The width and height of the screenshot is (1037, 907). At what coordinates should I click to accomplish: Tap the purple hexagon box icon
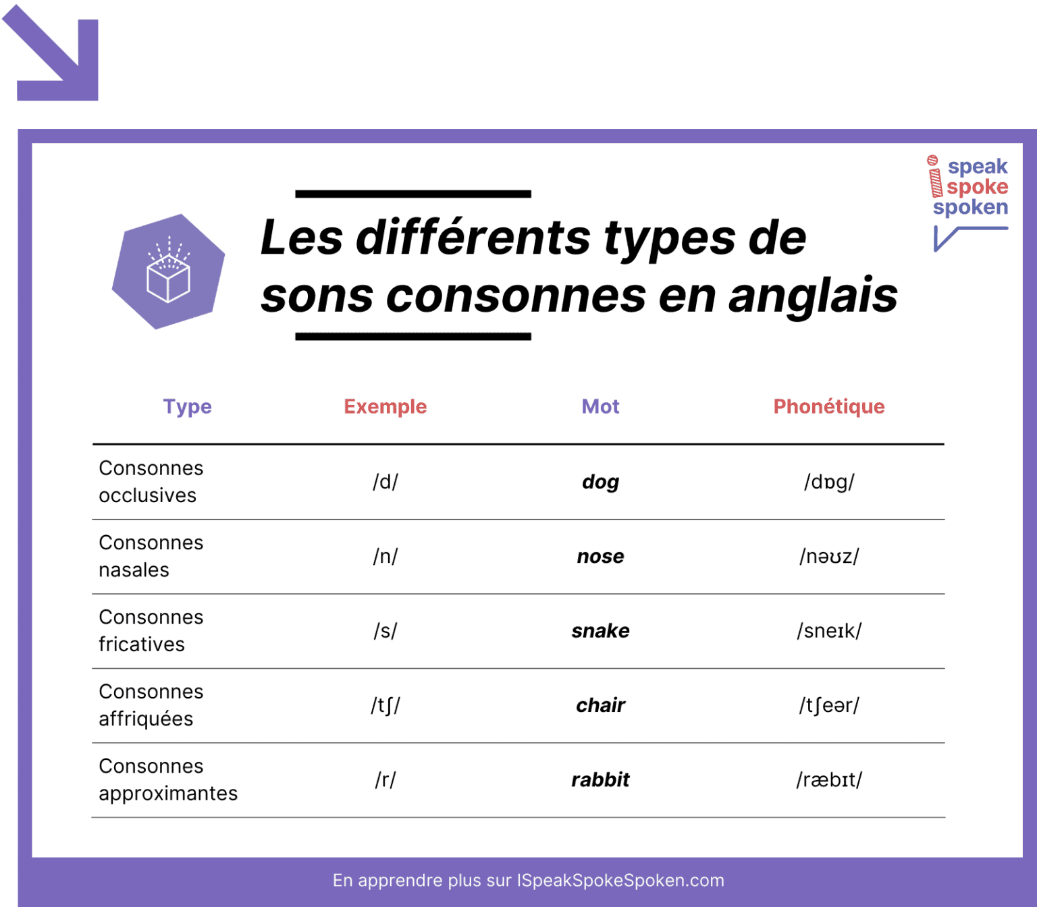tap(168, 272)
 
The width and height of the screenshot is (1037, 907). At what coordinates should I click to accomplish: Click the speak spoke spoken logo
tap(969, 196)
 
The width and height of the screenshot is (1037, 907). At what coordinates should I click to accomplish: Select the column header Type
tap(187, 406)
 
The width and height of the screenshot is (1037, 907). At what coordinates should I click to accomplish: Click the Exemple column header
tap(385, 406)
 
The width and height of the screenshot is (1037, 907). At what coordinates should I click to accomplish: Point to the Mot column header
tap(600, 406)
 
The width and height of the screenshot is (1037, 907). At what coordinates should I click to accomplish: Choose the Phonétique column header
tap(828, 406)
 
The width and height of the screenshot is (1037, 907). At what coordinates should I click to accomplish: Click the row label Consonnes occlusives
tap(151, 482)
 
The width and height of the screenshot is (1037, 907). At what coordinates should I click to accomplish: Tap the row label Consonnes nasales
tap(151, 556)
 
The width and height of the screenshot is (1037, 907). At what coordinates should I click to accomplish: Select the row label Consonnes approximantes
tap(168, 779)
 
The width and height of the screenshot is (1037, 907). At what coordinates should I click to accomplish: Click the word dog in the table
tap(600, 482)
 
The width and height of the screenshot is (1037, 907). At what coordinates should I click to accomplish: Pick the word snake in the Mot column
tap(600, 631)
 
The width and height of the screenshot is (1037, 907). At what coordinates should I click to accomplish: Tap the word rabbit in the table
tap(600, 779)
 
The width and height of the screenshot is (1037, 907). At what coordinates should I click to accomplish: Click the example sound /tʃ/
tap(385, 705)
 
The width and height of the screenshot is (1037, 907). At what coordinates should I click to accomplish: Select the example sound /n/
tap(385, 556)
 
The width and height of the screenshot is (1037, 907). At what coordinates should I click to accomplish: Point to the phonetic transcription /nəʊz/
tap(828, 556)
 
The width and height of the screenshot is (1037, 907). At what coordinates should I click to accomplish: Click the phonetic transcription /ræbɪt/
tap(828, 779)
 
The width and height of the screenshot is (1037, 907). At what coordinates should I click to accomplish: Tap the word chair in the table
tap(600, 705)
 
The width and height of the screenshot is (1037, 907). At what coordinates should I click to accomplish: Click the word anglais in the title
tap(812, 296)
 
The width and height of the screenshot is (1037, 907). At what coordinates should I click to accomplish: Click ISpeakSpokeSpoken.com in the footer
tap(620, 880)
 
